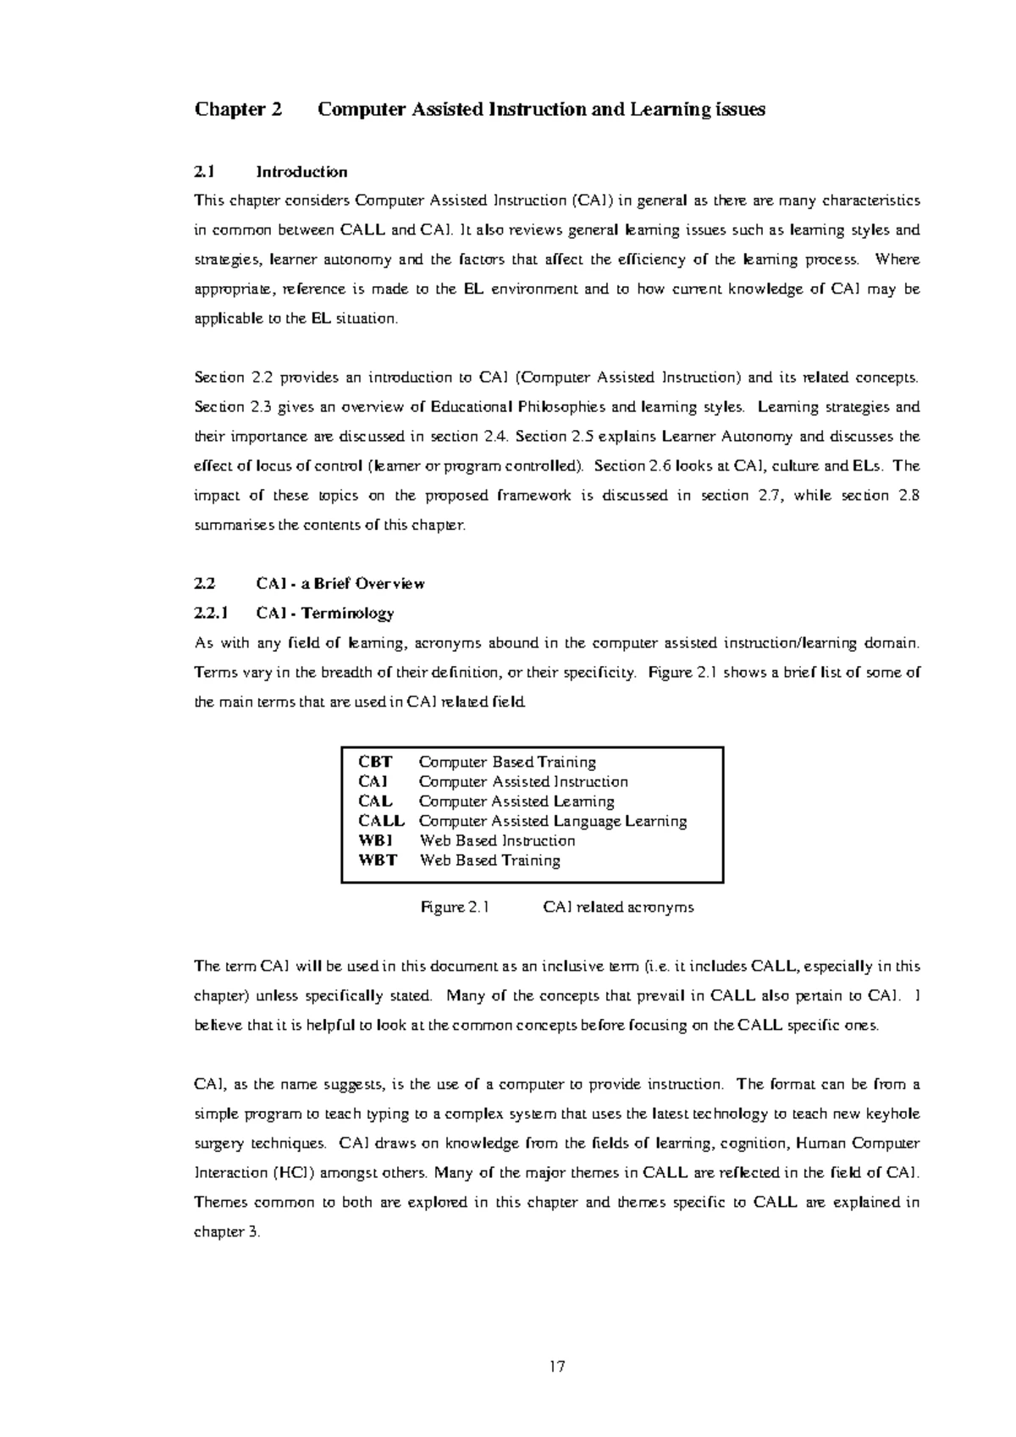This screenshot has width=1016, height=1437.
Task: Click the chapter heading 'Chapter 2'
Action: [x=238, y=109]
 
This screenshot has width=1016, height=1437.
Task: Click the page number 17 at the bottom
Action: [x=556, y=1366]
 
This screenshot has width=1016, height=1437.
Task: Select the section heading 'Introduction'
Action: [x=301, y=172]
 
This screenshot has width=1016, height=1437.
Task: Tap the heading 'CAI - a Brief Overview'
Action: [x=340, y=583]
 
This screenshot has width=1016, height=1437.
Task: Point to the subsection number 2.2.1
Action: [x=212, y=613]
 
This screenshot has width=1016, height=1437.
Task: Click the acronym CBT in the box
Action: [x=375, y=762]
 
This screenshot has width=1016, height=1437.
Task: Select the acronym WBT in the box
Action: [x=377, y=860]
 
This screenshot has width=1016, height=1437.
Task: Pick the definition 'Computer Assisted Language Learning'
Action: [x=553, y=821]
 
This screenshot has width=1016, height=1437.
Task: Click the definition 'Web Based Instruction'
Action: [x=497, y=840]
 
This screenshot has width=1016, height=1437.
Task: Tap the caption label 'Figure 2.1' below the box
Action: [x=456, y=907]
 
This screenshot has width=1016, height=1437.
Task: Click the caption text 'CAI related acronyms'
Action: [x=618, y=907]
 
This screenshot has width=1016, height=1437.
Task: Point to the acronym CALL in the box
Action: [x=381, y=821]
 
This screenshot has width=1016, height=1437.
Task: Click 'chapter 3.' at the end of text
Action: [x=228, y=1231]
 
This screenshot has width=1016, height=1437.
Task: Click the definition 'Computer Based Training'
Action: [x=507, y=762]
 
